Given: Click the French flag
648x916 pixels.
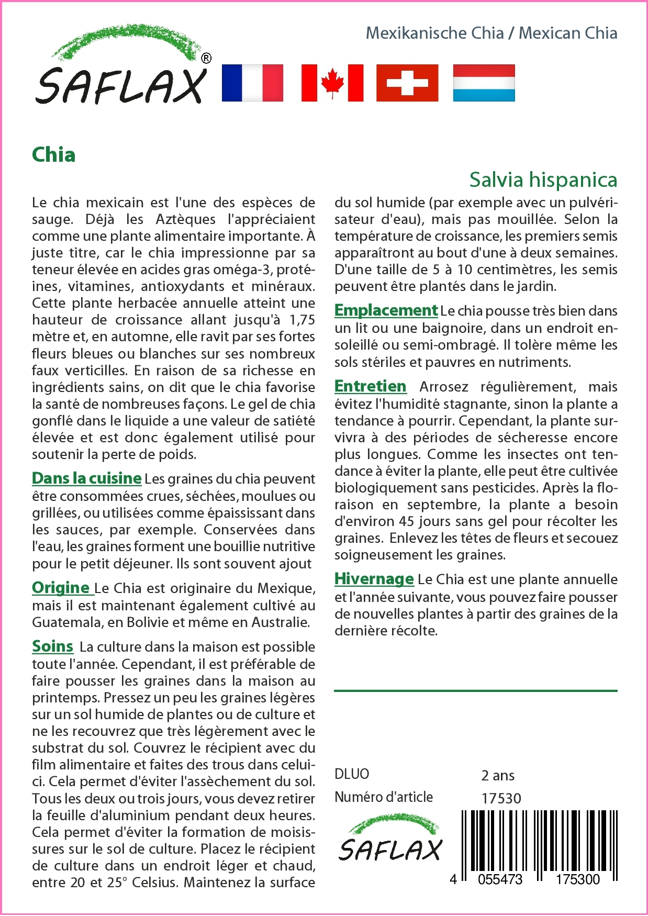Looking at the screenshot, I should point(252,83).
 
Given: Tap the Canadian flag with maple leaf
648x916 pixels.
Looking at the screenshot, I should point(332,83).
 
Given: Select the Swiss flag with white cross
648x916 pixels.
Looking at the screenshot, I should point(407,83).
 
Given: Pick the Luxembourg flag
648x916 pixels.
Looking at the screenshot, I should point(484,83).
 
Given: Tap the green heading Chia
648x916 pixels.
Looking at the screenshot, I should point(53,155).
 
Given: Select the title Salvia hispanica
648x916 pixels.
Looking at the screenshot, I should point(543,180).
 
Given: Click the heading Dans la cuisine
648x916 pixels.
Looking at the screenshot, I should point(87,478).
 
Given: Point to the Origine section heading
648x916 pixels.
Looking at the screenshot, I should point(61,587).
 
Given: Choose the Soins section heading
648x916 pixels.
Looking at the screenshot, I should point(52,646).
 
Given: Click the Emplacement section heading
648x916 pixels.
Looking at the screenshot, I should point(386,310).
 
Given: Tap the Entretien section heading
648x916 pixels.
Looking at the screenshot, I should point(370,386).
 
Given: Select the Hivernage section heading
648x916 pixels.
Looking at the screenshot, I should point(374,578).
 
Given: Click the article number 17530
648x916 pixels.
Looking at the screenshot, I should point(501,798).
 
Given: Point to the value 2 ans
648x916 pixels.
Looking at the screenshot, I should point(497,775).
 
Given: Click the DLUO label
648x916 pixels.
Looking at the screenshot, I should point(352,774).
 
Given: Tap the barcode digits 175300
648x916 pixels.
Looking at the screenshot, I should point(577,879).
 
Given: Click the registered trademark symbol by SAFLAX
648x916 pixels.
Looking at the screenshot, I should point(206,58).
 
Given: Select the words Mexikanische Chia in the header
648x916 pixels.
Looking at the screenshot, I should point(434,33).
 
